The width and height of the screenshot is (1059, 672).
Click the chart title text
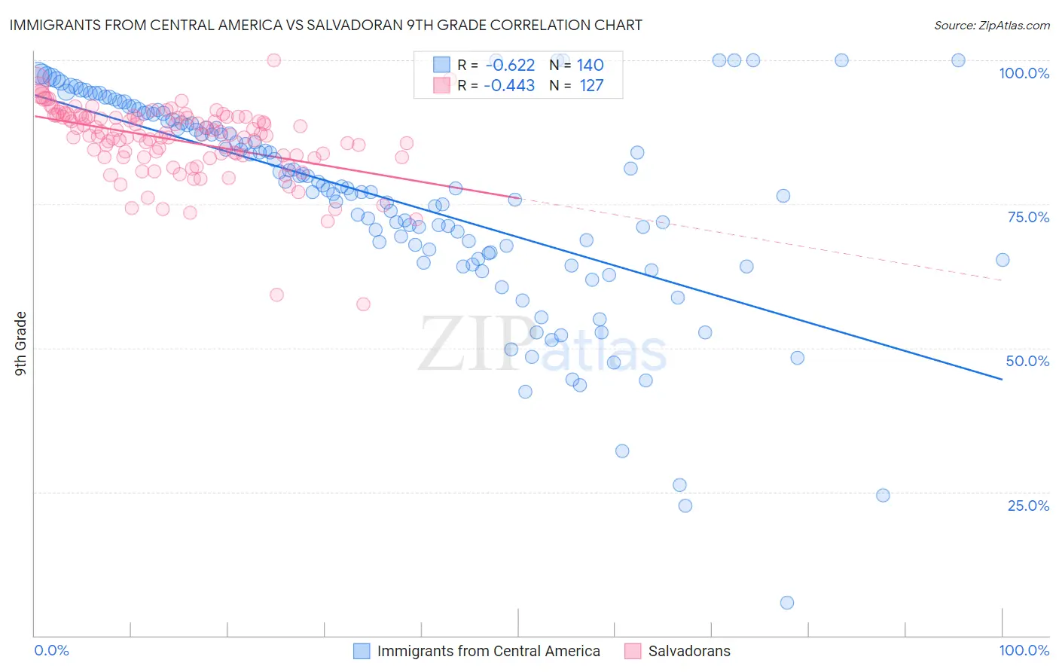(325, 25)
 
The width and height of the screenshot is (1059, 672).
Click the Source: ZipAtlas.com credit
(991, 25)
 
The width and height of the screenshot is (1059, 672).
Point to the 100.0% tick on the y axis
(1024, 73)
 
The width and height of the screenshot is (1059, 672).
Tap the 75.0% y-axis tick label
(1028, 217)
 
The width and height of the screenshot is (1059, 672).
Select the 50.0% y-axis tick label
(1027, 361)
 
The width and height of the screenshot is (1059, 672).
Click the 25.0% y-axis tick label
(1028, 506)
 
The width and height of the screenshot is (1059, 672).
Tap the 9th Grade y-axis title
(21, 344)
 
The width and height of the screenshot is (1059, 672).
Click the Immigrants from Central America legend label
(488, 652)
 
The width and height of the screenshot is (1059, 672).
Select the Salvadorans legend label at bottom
(689, 652)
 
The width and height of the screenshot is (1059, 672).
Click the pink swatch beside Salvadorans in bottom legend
(633, 652)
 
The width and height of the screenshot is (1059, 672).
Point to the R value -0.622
(510, 66)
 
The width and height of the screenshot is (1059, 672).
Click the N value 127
(591, 86)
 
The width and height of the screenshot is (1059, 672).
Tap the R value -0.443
(510, 86)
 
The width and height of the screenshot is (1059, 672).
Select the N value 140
(591, 66)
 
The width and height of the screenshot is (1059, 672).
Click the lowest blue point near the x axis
(787, 603)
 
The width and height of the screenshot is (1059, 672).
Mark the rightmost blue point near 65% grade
(1003, 260)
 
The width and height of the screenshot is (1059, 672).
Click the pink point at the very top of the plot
(274, 60)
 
